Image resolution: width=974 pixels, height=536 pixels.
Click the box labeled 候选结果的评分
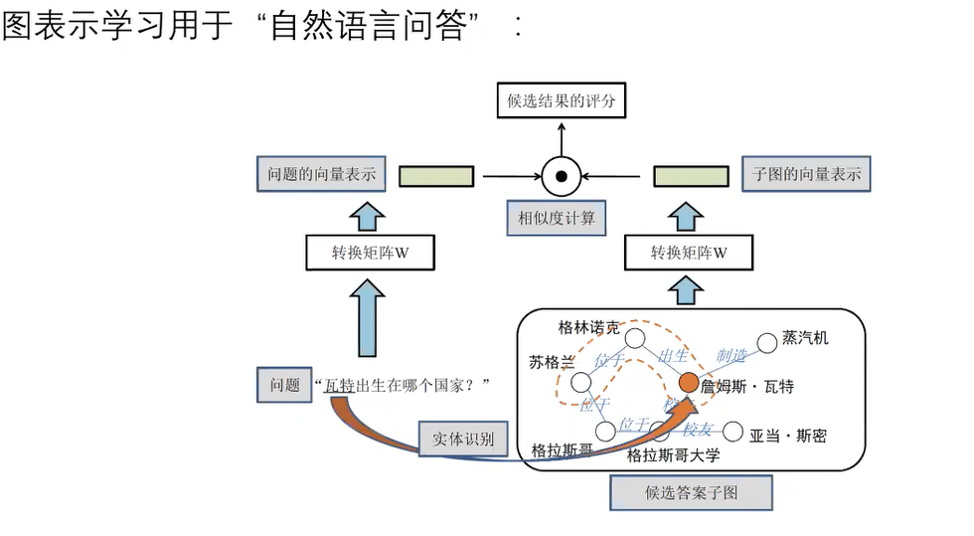pos(562,100)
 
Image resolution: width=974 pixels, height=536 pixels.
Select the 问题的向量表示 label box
pos(321,174)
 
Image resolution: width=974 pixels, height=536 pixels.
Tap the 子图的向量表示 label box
pos(806,174)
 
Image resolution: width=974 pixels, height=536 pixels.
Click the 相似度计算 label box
pos(557,218)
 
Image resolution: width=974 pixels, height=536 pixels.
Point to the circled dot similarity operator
pos(561,177)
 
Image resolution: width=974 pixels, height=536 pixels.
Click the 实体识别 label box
pos(463,440)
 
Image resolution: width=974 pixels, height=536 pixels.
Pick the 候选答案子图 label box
pos(691,492)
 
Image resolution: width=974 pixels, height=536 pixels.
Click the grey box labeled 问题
pos(284,385)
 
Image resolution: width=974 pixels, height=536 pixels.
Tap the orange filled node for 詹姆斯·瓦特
pos(689,383)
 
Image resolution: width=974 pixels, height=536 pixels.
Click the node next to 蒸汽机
pos(766,343)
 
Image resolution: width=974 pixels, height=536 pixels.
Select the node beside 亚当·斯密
pos(732,432)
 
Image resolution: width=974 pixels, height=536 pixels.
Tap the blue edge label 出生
pos(674,355)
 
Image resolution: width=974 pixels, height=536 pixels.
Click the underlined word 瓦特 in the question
pos(339,386)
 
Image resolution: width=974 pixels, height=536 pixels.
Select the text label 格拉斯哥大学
pos(673,455)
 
